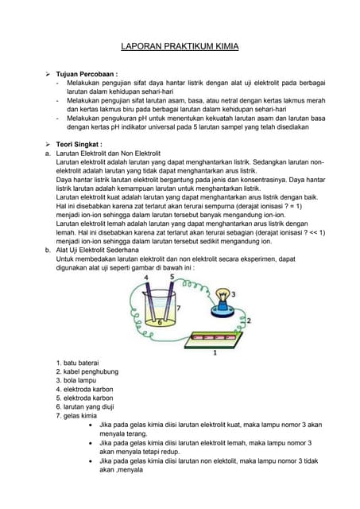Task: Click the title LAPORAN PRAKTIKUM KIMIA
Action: [x=179, y=48]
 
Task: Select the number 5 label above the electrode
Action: [x=172, y=277]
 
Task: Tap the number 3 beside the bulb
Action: [x=243, y=293]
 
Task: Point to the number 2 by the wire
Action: [x=249, y=321]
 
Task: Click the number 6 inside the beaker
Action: [x=160, y=322]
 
